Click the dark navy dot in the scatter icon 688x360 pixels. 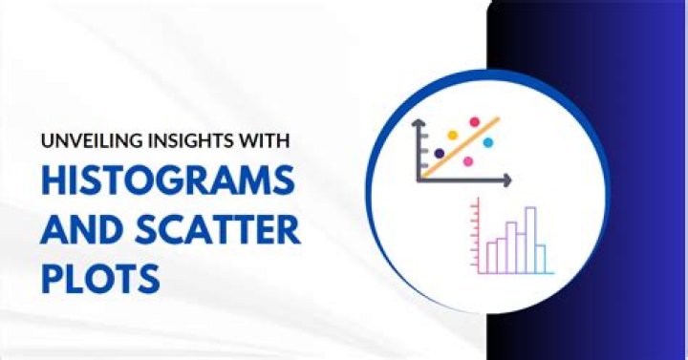pos(439,153)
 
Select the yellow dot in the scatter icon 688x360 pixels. pos(452,136)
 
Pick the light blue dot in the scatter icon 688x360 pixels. pos(488,142)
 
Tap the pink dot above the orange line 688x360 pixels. pos(473,123)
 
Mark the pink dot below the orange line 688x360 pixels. pos(468,160)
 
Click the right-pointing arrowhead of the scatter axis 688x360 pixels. pos(510,180)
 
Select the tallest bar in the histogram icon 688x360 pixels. pos(530,239)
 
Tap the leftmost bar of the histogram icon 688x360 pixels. pos(492,256)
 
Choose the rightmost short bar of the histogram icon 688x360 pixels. pos(541,258)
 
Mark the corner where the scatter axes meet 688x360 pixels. pos(419,180)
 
